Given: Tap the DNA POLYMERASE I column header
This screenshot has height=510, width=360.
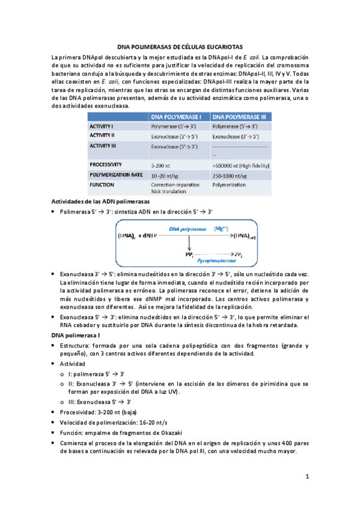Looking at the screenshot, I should pyautogui.click(x=178, y=117).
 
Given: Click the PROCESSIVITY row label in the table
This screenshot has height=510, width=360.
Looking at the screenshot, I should pyautogui.click(x=106, y=164).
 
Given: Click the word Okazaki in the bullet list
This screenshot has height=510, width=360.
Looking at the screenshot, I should pyautogui.click(x=169, y=432).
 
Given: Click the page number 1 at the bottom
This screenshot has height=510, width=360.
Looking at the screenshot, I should pyautogui.click(x=307, y=477).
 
